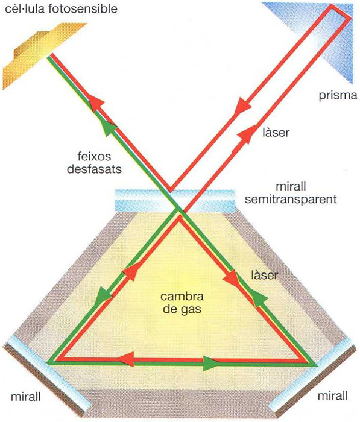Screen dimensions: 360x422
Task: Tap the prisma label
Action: pos(338,95)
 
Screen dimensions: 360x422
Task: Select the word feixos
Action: pos(94,156)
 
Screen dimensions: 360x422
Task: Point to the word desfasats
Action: pos(94,169)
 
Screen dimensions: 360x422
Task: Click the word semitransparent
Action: pos(291,200)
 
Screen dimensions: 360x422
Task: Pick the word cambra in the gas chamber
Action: pos(182,297)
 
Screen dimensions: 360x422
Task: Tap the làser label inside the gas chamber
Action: pos(264,275)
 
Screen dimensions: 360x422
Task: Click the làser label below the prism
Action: pos(276,133)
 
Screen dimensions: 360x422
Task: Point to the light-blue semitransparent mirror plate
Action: pos(175,201)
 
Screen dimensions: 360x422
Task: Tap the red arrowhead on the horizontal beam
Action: pos(126,359)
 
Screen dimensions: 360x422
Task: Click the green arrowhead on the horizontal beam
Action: pos(212,364)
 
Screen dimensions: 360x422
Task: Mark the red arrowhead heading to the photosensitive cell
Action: pos(96,103)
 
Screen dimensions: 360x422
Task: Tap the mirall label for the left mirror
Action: pos(26,397)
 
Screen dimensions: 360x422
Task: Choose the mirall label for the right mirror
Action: pos(333,396)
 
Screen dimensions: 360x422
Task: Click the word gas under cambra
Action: pos(182,309)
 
